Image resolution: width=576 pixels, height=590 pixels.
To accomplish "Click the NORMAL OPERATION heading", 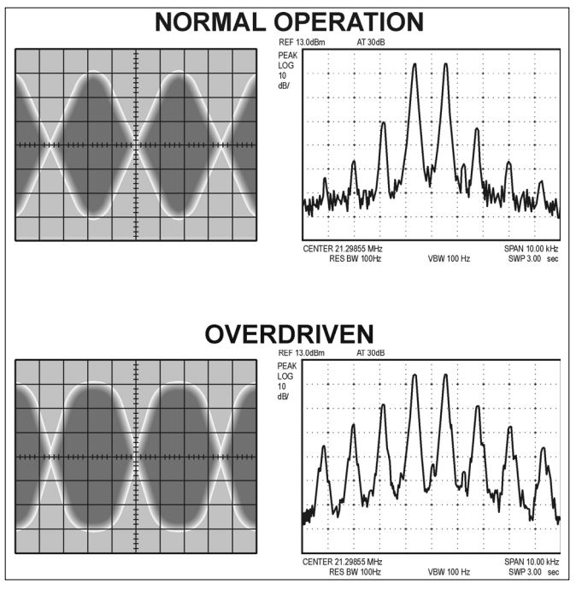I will (x=288, y=21).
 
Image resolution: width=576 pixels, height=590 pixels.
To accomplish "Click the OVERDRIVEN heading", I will (x=288, y=334).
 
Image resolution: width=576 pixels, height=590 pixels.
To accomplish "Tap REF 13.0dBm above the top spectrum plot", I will (x=303, y=41).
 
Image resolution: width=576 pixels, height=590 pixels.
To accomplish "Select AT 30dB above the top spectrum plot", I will (x=370, y=41).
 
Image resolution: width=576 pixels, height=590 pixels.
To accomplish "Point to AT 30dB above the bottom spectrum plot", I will (x=370, y=352).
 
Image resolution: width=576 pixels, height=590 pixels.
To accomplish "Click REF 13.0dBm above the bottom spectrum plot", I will (x=303, y=352).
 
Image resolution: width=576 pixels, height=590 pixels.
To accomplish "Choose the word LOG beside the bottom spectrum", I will (x=285, y=376).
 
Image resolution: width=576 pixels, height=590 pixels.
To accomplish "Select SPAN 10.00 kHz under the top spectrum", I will (x=531, y=249).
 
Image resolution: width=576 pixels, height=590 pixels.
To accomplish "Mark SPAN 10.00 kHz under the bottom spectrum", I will (x=531, y=562).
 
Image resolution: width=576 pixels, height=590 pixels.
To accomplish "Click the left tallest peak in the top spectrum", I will (x=414, y=65).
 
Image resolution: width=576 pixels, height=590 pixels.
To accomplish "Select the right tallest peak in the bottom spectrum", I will (x=445, y=376).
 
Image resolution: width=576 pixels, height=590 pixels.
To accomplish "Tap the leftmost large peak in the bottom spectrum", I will (x=324, y=447).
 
